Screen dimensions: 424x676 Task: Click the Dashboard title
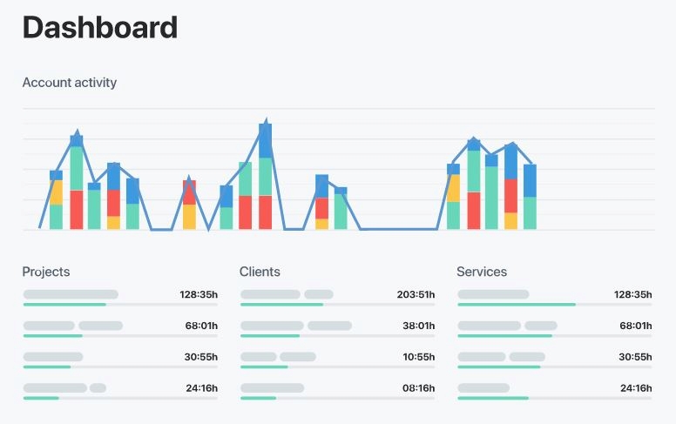tap(99, 28)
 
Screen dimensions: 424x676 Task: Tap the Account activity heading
tap(69, 83)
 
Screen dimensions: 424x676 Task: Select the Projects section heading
tap(45, 272)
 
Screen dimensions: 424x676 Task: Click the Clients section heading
tap(260, 272)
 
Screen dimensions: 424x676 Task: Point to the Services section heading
tap(481, 272)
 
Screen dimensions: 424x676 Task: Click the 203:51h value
tap(415, 294)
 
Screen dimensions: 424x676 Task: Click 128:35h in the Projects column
tap(198, 294)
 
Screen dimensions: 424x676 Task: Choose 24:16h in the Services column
tap(634, 388)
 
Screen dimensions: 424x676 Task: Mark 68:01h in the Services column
tap(634, 326)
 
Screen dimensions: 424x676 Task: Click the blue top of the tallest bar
tap(265, 139)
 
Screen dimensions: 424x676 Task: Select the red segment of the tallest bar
tap(265, 212)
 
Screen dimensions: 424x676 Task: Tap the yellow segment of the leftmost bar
tap(56, 192)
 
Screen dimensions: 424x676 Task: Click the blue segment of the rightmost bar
tap(530, 180)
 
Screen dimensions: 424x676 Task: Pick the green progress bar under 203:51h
tap(281, 305)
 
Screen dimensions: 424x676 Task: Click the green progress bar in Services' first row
tap(516, 305)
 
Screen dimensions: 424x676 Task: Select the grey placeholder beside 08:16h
tap(272, 387)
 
